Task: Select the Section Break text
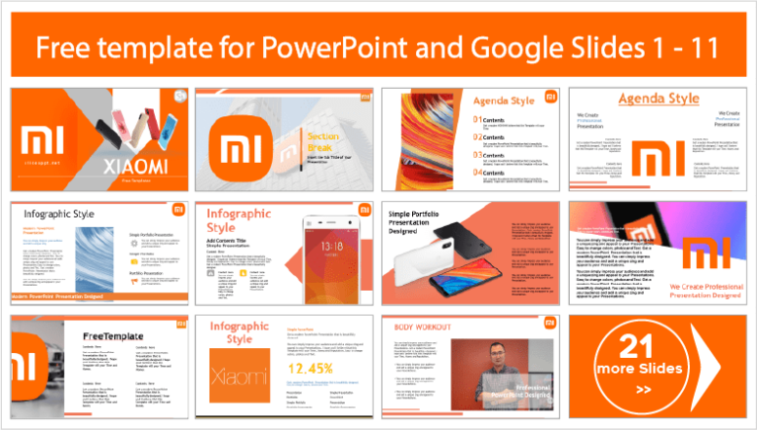coord(296,141)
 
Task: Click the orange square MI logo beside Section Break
coord(243,147)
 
